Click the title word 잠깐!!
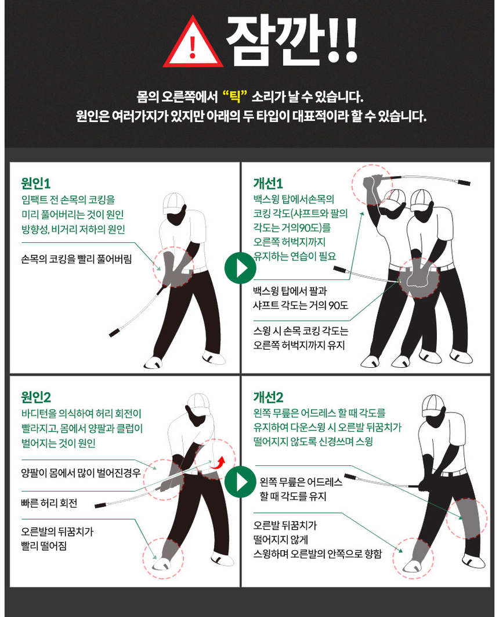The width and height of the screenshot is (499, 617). tap(291, 39)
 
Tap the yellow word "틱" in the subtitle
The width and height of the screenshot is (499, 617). tap(236, 96)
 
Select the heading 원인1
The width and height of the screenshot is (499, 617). tap(36, 184)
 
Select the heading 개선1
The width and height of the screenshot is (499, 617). tap(268, 184)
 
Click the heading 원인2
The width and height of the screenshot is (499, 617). tap(36, 397)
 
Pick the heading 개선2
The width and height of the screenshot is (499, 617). tap(268, 397)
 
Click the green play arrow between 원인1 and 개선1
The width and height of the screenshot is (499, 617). tap(240, 268)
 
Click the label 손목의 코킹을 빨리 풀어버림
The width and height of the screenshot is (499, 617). tap(76, 259)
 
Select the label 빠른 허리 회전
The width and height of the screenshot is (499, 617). tap(49, 503)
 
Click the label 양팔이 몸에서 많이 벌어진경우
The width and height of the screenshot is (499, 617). tap(81, 472)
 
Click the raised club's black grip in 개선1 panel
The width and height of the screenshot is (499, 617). tap(464, 183)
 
